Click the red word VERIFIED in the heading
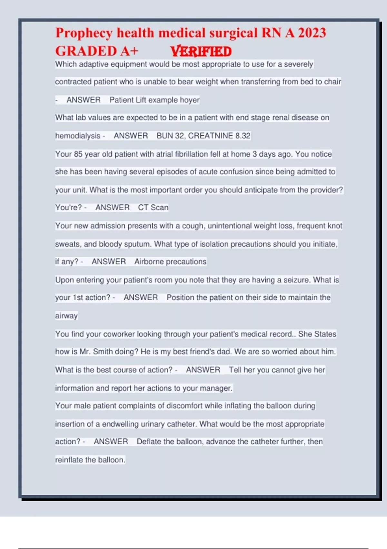(x=201, y=52)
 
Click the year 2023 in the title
(x=312, y=33)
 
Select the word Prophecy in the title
(x=84, y=33)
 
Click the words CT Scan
(x=153, y=207)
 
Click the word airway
(x=66, y=316)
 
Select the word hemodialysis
(x=78, y=136)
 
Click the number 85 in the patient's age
(x=78, y=154)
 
